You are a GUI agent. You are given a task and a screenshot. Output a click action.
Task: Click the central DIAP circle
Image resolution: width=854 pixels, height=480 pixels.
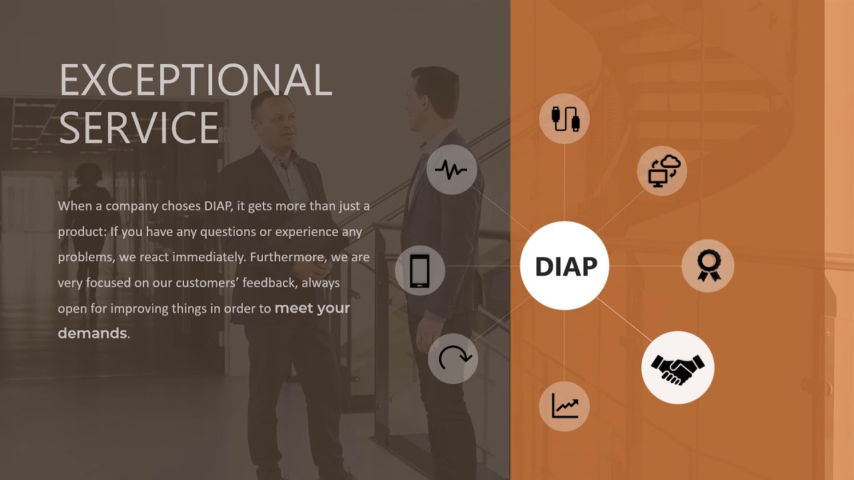[x=564, y=266]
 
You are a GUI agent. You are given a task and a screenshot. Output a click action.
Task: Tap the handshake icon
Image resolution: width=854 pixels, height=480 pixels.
[x=677, y=367]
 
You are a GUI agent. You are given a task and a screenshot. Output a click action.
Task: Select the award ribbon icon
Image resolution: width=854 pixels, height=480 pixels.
[x=707, y=265]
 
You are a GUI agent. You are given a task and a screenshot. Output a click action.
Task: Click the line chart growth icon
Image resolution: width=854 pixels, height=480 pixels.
[x=564, y=405]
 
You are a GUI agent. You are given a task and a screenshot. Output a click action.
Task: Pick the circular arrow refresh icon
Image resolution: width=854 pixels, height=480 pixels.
[x=453, y=358]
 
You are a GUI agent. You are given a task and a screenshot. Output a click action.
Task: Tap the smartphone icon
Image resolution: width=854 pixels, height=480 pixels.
[x=420, y=271]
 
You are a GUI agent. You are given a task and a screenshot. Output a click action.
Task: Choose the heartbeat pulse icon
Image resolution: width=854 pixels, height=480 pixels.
[x=452, y=170]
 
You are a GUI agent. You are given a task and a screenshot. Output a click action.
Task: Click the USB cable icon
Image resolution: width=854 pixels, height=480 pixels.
[x=564, y=119]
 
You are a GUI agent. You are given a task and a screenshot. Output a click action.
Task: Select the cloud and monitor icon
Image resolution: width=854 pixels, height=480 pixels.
[x=662, y=171]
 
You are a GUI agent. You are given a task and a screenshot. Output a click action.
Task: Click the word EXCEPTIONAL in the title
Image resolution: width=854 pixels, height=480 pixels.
[x=195, y=80]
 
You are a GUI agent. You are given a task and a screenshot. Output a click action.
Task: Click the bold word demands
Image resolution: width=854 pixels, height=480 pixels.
[x=92, y=333]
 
